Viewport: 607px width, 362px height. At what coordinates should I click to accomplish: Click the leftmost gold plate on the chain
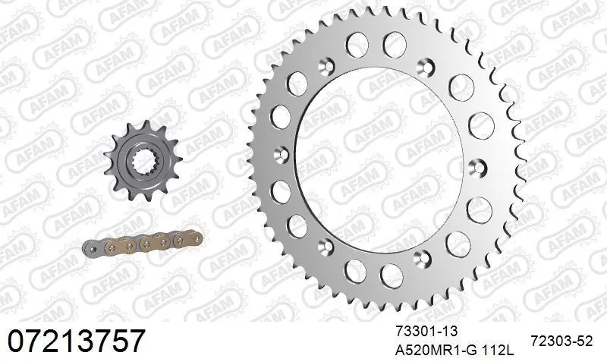pyautogui.click(x=118, y=244)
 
